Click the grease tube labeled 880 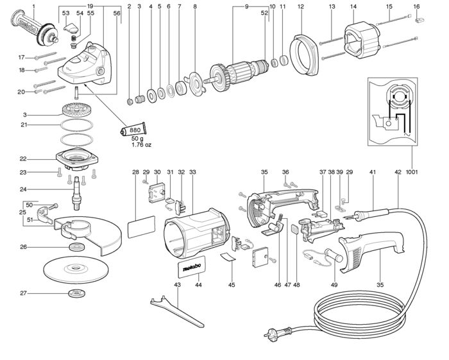[x=133, y=130]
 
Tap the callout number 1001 [x=412, y=172]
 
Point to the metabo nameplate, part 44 [x=192, y=267]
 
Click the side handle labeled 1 [x=35, y=30]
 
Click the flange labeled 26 [x=77, y=246]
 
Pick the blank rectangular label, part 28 [x=141, y=227]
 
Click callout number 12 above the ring [x=301, y=6]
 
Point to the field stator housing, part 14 [x=362, y=42]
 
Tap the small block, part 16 [x=419, y=20]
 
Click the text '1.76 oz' [x=141, y=144]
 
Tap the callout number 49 [x=334, y=285]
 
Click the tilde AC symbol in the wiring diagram [x=407, y=134]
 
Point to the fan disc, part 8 [x=196, y=84]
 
